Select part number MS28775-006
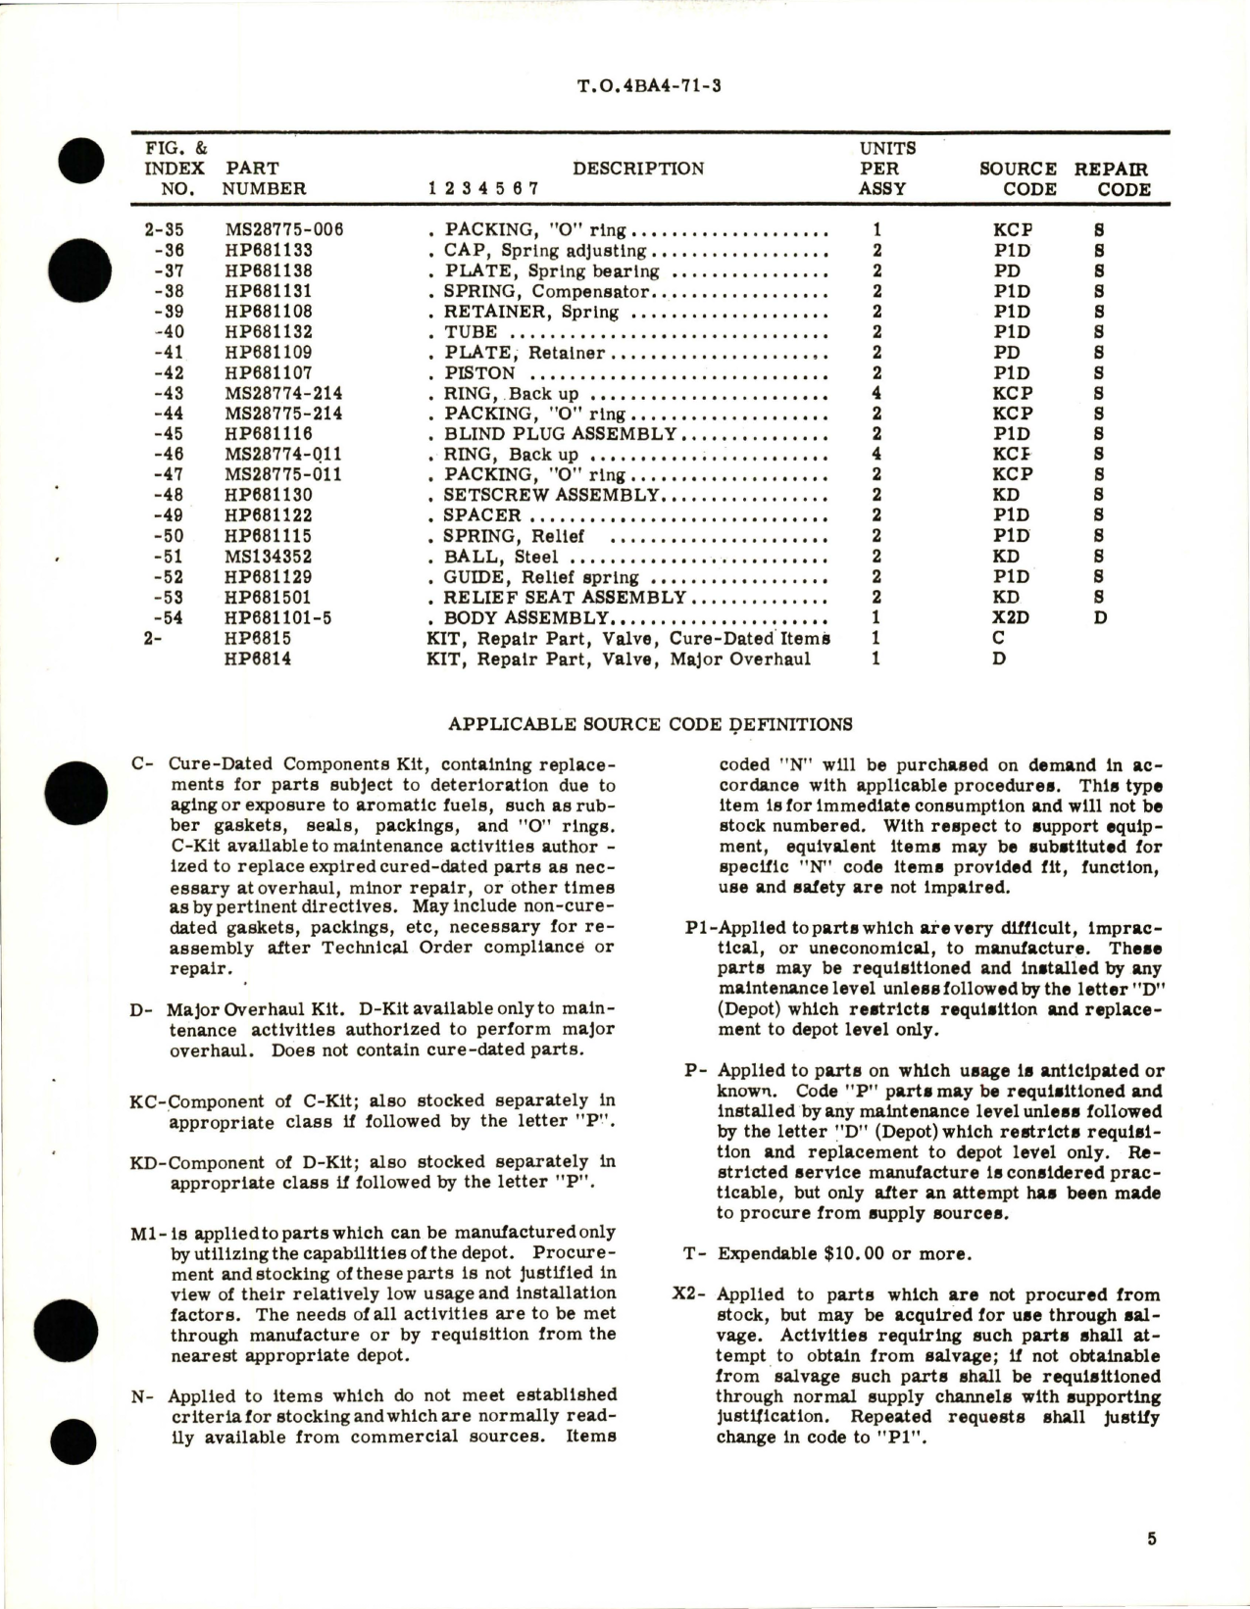click(x=284, y=230)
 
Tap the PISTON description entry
click(x=479, y=373)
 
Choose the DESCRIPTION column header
click(x=638, y=169)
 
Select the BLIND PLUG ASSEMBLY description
click(x=559, y=434)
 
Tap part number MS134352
click(x=268, y=557)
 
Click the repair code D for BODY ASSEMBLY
click(x=1101, y=618)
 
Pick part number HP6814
click(x=258, y=658)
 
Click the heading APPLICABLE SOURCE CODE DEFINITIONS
click(x=650, y=725)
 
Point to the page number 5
click(x=1152, y=1539)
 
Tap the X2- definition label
click(x=689, y=1294)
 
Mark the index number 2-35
click(x=164, y=230)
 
